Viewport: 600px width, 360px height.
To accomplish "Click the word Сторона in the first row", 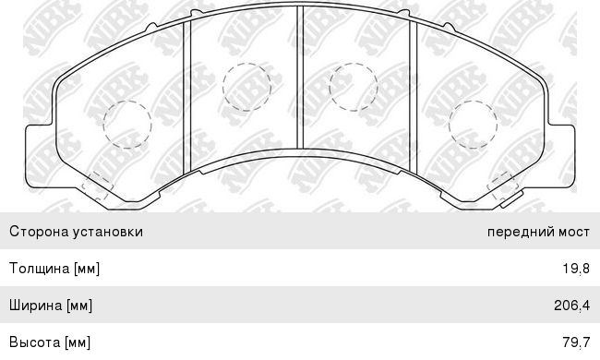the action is pos(39,232).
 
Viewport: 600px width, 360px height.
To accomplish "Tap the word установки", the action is pos(108,232).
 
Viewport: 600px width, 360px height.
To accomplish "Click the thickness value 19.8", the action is pos(576,269).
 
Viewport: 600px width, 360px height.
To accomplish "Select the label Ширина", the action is pos(36,306).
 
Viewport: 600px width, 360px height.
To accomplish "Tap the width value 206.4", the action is pos(571,306).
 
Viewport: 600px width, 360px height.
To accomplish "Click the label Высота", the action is pos(35,342).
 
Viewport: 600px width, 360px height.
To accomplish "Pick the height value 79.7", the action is pos(576,342).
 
